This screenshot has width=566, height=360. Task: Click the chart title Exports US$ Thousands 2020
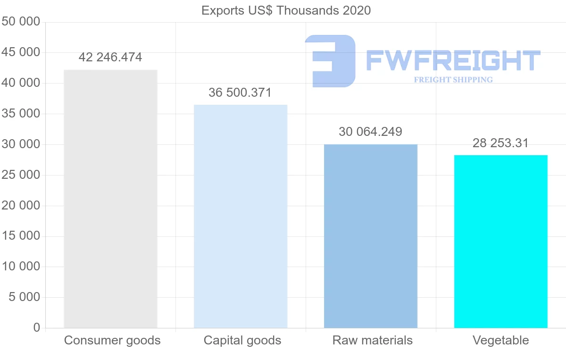coord(286,10)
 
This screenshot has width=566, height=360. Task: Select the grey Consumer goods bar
coord(110,199)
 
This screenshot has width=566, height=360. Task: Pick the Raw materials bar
coord(371,236)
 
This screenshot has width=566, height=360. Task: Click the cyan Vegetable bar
coord(500,241)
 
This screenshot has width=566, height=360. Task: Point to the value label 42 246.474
coord(110,58)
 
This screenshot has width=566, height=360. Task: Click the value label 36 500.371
coord(240,92)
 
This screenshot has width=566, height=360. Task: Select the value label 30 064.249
coord(370,132)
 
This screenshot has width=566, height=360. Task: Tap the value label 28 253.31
coord(500,143)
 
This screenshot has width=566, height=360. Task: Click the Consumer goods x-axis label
coord(112,340)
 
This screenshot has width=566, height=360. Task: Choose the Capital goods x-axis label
coord(242,340)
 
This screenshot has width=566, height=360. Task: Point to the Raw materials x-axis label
coord(373,340)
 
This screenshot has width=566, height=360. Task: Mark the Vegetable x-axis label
coord(501,340)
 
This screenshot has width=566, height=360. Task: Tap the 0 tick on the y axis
coord(37,327)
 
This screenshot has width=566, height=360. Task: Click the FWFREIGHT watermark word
coord(453,60)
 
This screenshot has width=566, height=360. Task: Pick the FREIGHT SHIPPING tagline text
coord(453,80)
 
